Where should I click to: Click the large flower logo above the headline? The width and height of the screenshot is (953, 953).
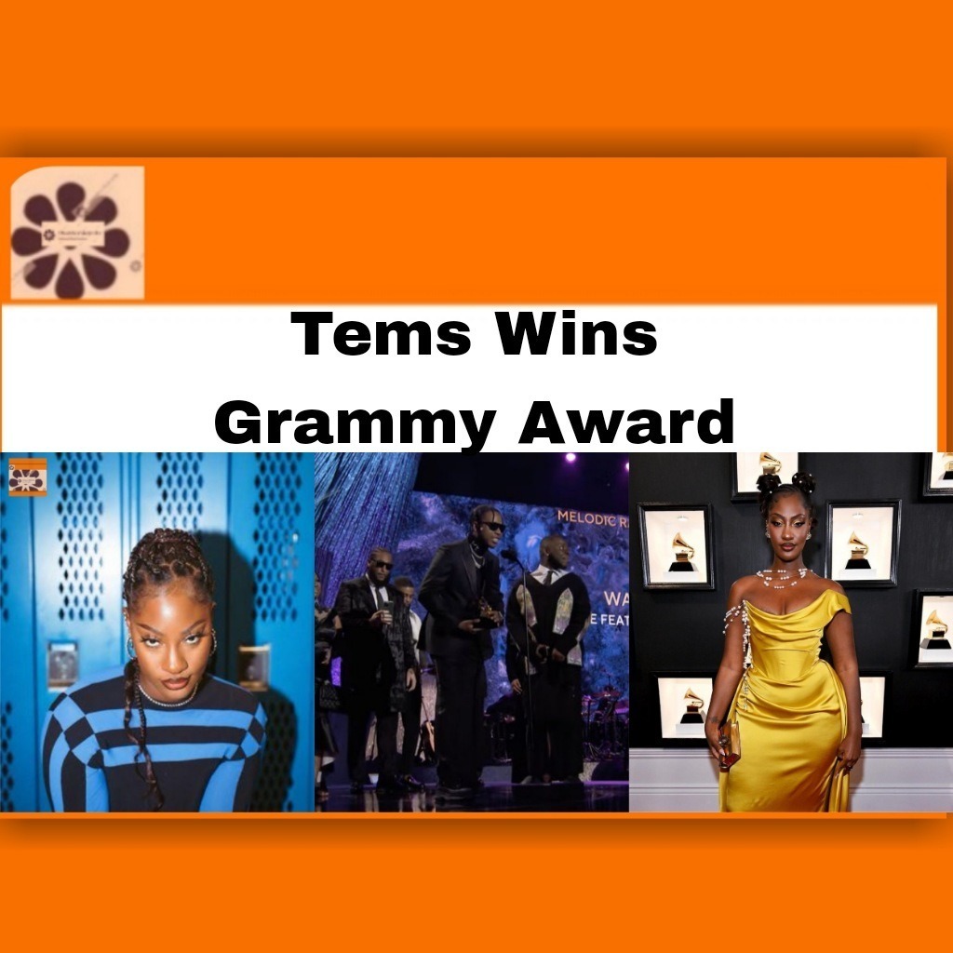[x=76, y=233]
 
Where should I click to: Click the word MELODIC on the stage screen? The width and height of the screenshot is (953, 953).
[x=589, y=515]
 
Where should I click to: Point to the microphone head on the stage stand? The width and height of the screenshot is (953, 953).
[x=507, y=556]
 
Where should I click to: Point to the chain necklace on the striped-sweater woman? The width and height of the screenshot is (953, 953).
[x=166, y=697]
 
